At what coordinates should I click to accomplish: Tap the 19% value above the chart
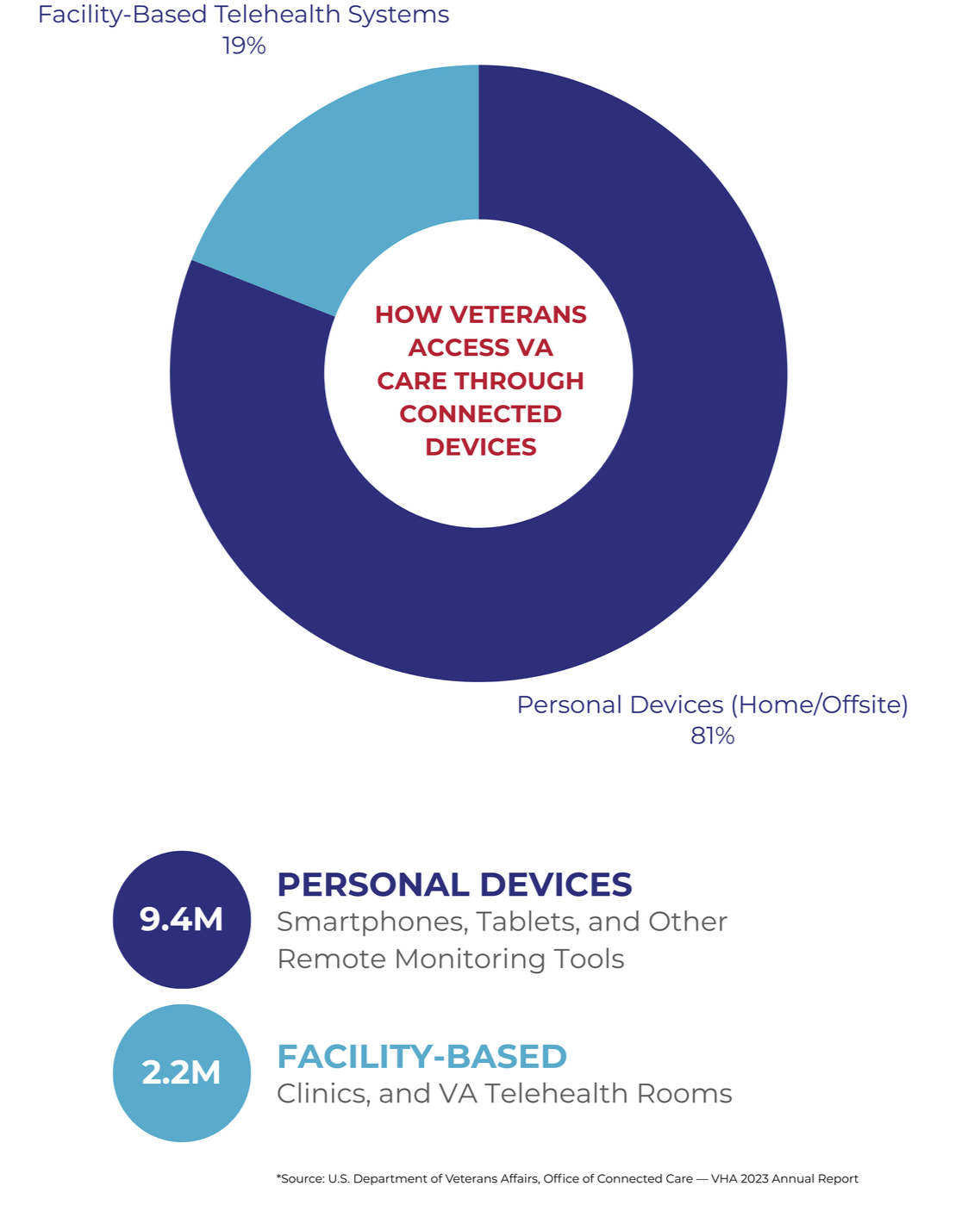pyautogui.click(x=244, y=46)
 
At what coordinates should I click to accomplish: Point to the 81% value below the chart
pyautogui.click(x=712, y=736)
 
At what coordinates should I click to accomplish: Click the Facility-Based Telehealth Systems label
pyautogui.click(x=243, y=15)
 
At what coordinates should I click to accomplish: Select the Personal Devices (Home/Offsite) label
pyautogui.click(x=712, y=705)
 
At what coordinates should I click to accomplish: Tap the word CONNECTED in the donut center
pyautogui.click(x=480, y=413)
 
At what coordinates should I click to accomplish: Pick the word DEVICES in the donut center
pyautogui.click(x=480, y=447)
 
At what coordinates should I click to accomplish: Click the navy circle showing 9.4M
pyautogui.click(x=181, y=919)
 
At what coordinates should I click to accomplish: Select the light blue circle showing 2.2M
pyautogui.click(x=181, y=1072)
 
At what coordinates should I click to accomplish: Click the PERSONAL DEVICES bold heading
pyautogui.click(x=454, y=885)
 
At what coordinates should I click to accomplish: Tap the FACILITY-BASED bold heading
pyautogui.click(x=421, y=1056)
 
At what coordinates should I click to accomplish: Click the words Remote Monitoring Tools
pyautogui.click(x=450, y=959)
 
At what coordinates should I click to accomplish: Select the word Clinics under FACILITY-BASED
pyautogui.click(x=321, y=1093)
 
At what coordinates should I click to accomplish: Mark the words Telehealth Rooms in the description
pyautogui.click(x=608, y=1093)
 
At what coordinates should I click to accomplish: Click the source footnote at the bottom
pyautogui.click(x=566, y=1178)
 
